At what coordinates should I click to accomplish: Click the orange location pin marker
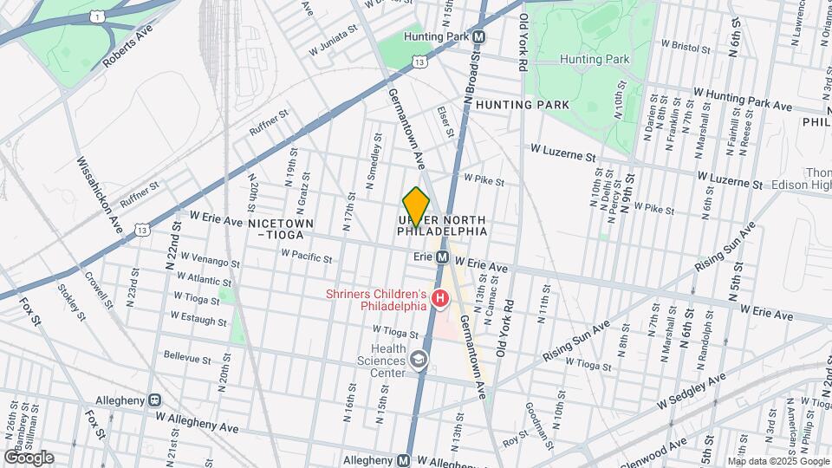417,207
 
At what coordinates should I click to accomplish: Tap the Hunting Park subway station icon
478,37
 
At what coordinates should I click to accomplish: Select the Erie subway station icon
441,257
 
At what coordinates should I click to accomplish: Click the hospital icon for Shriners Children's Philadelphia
439,300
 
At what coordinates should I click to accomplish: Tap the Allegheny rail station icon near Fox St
155,400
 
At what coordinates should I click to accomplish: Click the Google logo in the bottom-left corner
29,457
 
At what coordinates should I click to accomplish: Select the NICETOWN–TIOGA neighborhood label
280,229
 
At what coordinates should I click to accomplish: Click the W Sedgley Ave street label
691,391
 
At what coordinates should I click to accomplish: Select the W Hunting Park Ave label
743,99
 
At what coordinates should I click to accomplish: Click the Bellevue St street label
187,358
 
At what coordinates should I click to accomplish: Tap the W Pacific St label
307,257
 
